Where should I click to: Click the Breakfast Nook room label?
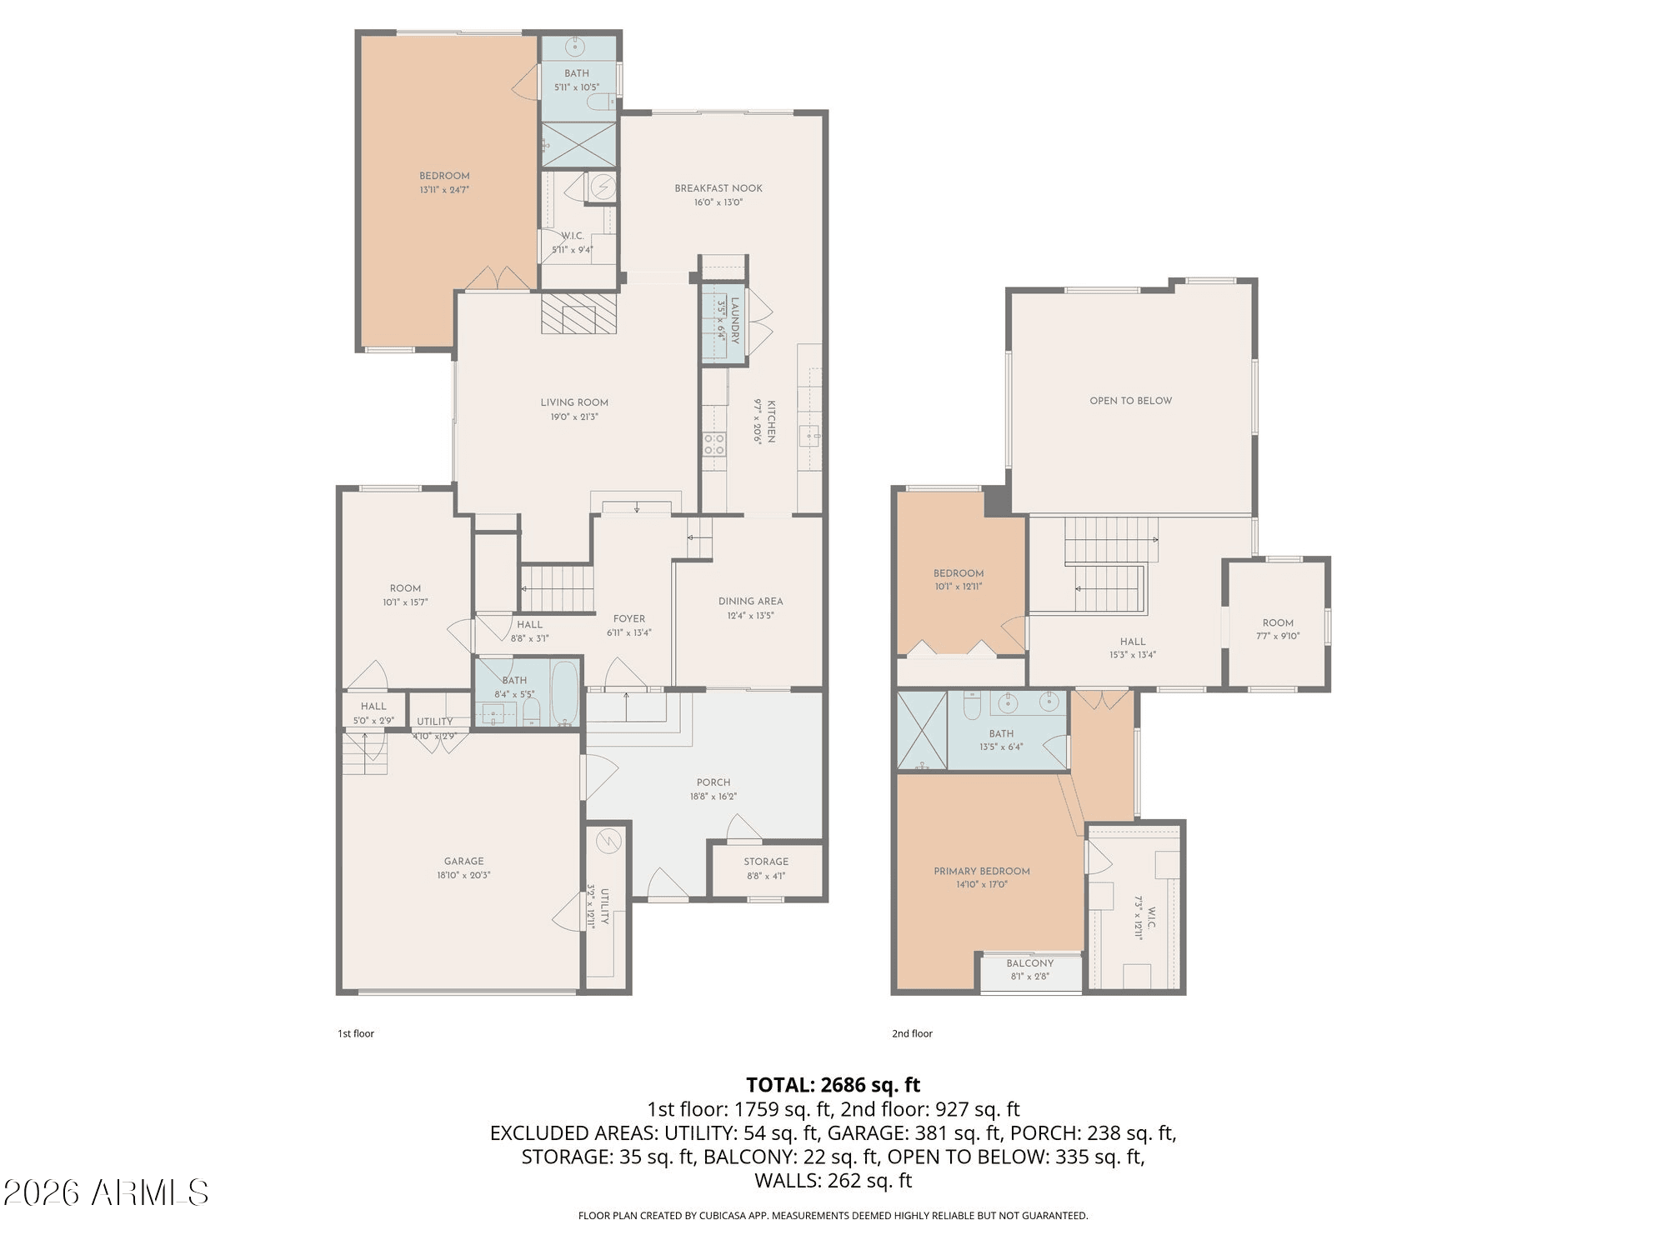click(x=718, y=188)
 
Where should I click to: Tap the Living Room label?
click(x=574, y=402)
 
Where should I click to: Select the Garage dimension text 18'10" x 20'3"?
click(x=463, y=875)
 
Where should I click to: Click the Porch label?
click(x=713, y=782)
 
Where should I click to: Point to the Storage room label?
click(x=766, y=862)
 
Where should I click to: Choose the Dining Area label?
click(x=750, y=602)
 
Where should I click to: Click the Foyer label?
click(x=629, y=619)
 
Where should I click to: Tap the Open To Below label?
click(x=1131, y=401)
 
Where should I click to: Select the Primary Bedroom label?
click(x=982, y=872)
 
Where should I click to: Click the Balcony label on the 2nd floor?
click(x=1030, y=963)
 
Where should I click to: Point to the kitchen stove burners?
click(x=714, y=444)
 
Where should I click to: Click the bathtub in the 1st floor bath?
click(x=565, y=693)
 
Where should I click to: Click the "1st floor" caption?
click(x=356, y=1033)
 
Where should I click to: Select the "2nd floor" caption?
click(x=912, y=1033)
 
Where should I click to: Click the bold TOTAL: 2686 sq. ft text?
click(x=833, y=1085)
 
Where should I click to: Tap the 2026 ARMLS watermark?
click(x=106, y=1193)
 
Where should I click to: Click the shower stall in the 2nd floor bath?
click(x=922, y=730)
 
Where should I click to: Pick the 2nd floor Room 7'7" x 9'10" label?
click(x=1278, y=629)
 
